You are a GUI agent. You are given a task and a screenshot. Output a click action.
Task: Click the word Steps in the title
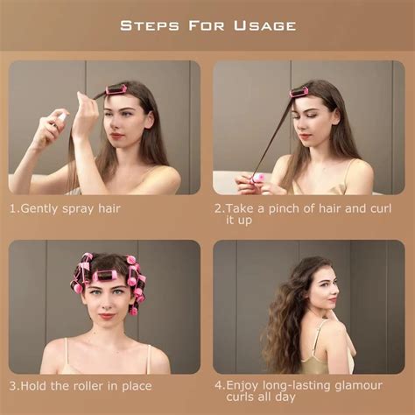tap(151, 25)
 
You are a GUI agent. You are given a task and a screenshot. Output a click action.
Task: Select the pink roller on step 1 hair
tap(116, 89)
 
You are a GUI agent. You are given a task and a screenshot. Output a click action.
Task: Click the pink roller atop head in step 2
tap(299, 91)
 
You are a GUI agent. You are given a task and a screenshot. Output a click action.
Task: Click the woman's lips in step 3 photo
tap(108, 315)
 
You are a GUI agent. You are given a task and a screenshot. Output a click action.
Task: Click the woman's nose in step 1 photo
tap(116, 123)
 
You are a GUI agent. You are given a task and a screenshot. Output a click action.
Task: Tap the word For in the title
tap(207, 25)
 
